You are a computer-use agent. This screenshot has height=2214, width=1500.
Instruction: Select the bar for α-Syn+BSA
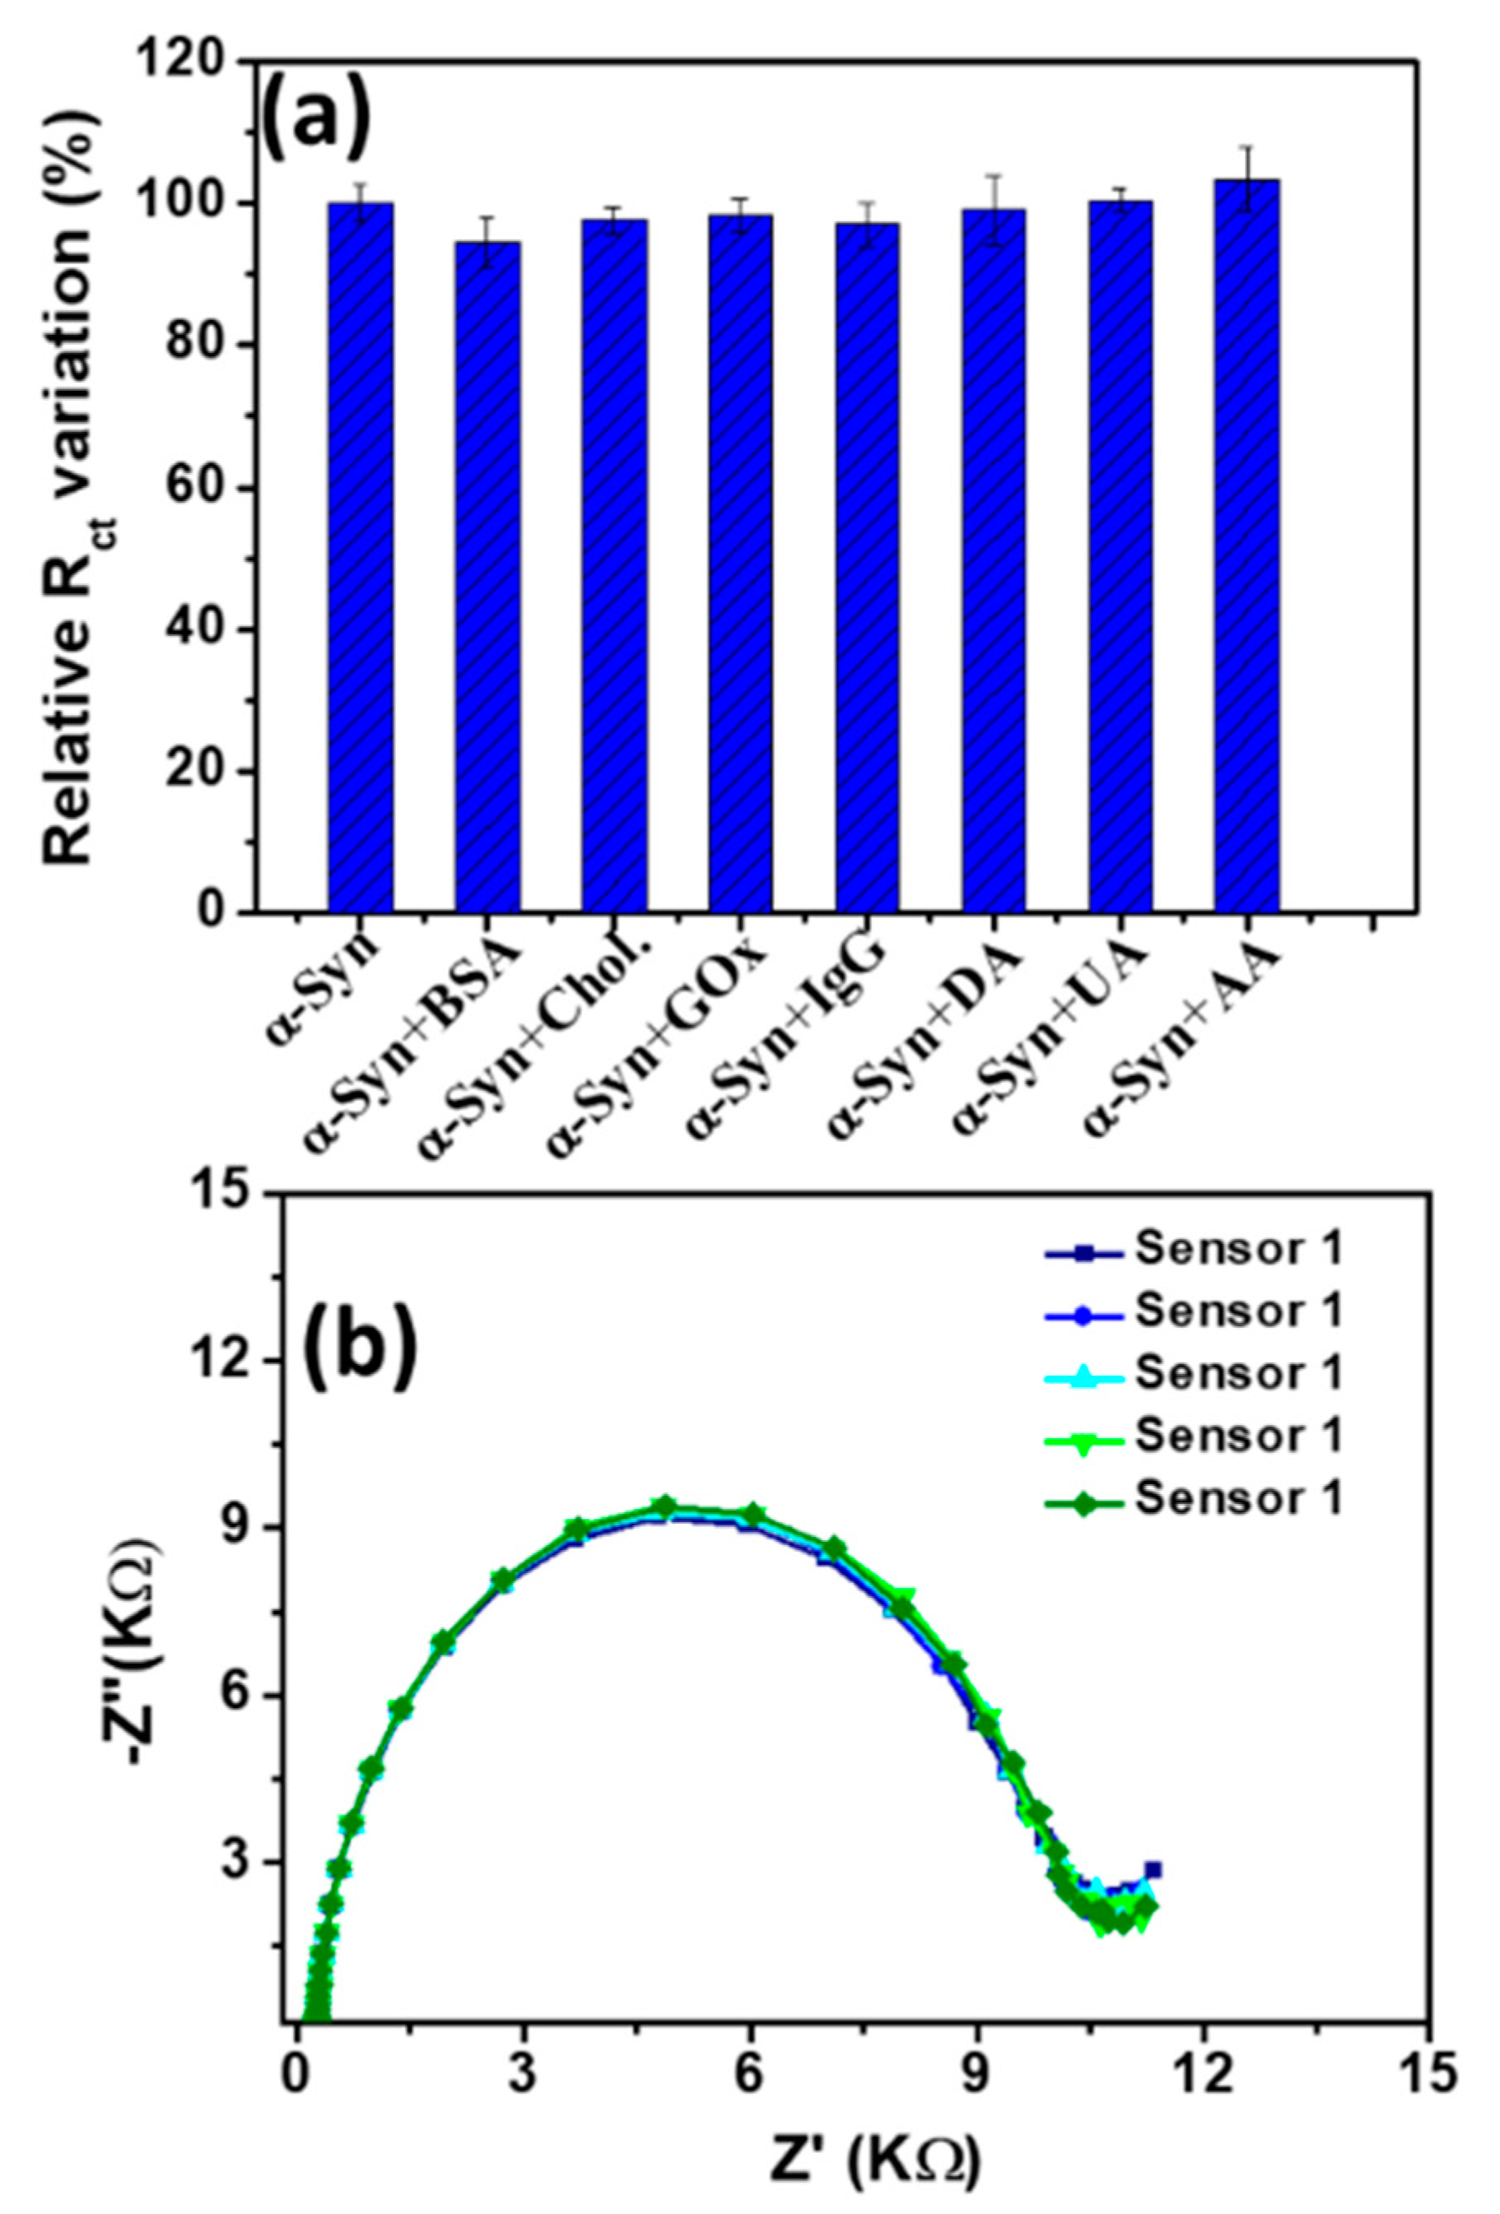pyautogui.click(x=487, y=577)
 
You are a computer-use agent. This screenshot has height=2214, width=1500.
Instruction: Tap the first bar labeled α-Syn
pyautogui.click(x=361, y=557)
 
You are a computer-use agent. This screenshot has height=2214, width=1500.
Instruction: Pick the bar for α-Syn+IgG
pyautogui.click(x=867, y=568)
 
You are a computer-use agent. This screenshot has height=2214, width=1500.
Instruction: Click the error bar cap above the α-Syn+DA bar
pyautogui.click(x=993, y=176)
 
